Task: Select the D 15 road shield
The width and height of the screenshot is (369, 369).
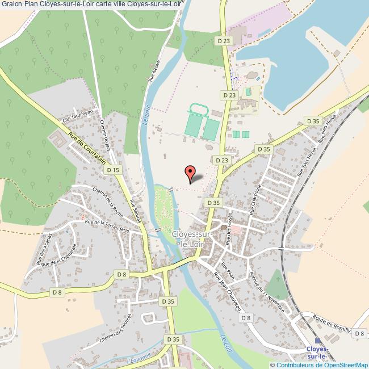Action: pos(114,170)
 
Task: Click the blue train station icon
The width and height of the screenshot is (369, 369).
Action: pos(317,341)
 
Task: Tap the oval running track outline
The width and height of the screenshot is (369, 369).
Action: pos(198,108)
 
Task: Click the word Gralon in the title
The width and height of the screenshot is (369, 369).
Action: pos(11,5)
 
